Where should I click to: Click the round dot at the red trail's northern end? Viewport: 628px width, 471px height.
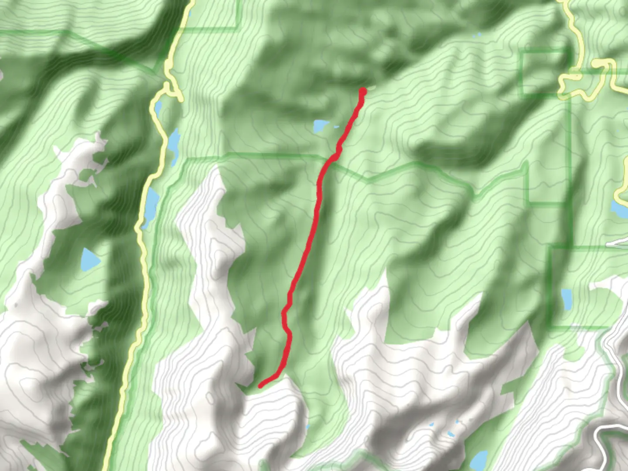point(362,91)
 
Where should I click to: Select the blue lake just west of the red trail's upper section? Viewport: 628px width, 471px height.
point(320,126)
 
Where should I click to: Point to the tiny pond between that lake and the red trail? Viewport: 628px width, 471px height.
point(336,127)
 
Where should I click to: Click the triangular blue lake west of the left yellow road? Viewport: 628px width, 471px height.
point(89,260)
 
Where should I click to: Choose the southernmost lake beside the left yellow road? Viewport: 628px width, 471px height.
point(152,204)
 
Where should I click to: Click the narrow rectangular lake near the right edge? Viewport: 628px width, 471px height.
point(567,299)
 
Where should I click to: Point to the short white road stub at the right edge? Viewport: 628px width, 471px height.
point(617,242)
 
